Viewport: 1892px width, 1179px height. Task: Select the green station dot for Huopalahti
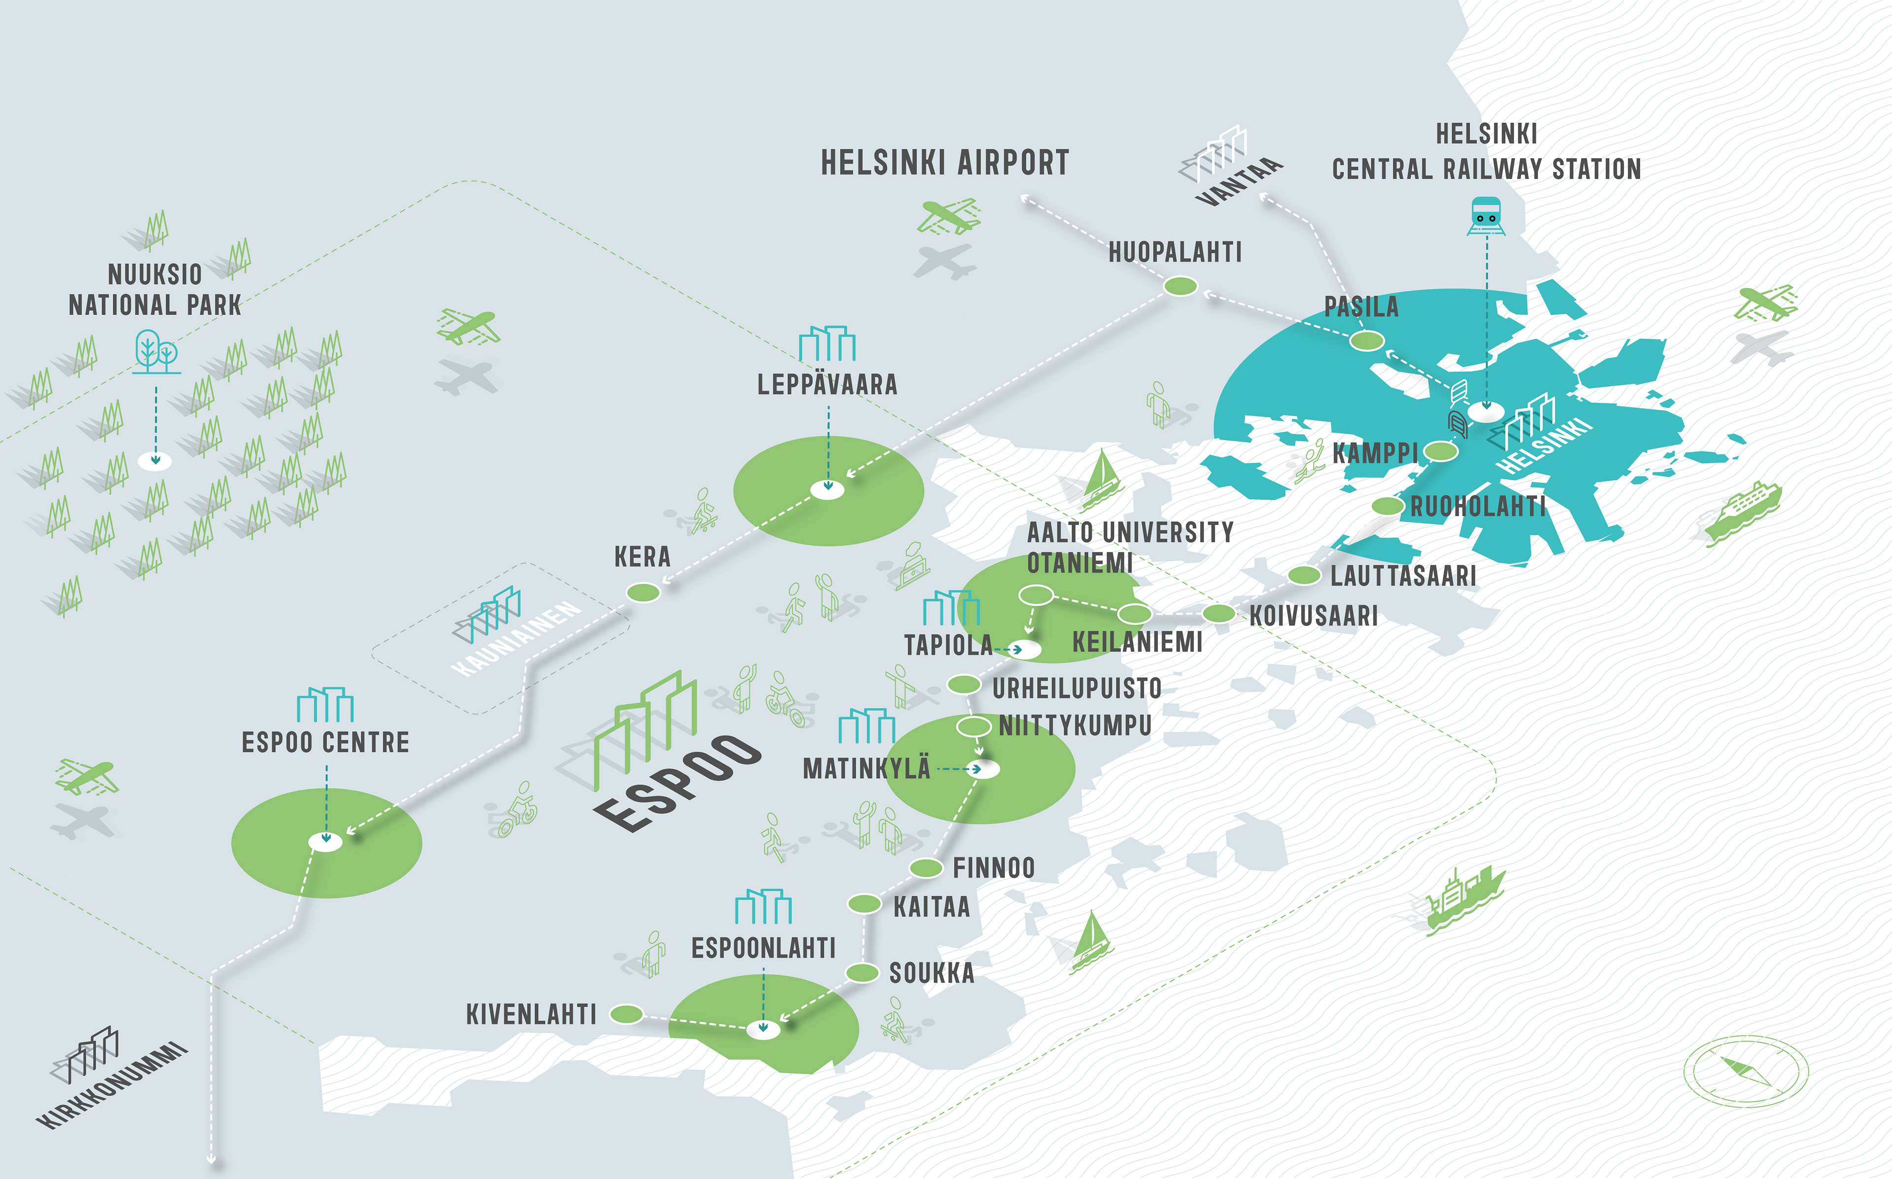(x=1180, y=286)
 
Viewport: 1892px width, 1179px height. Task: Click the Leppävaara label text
(x=827, y=385)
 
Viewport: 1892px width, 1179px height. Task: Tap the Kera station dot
(x=643, y=592)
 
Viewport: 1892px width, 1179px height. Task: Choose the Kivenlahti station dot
(x=626, y=1014)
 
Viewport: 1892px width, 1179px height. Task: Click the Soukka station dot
(x=863, y=972)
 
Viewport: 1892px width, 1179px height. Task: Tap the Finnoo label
(x=994, y=868)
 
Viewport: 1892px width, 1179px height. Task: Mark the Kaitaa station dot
(x=864, y=904)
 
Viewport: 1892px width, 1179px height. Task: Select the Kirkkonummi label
(x=113, y=1084)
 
